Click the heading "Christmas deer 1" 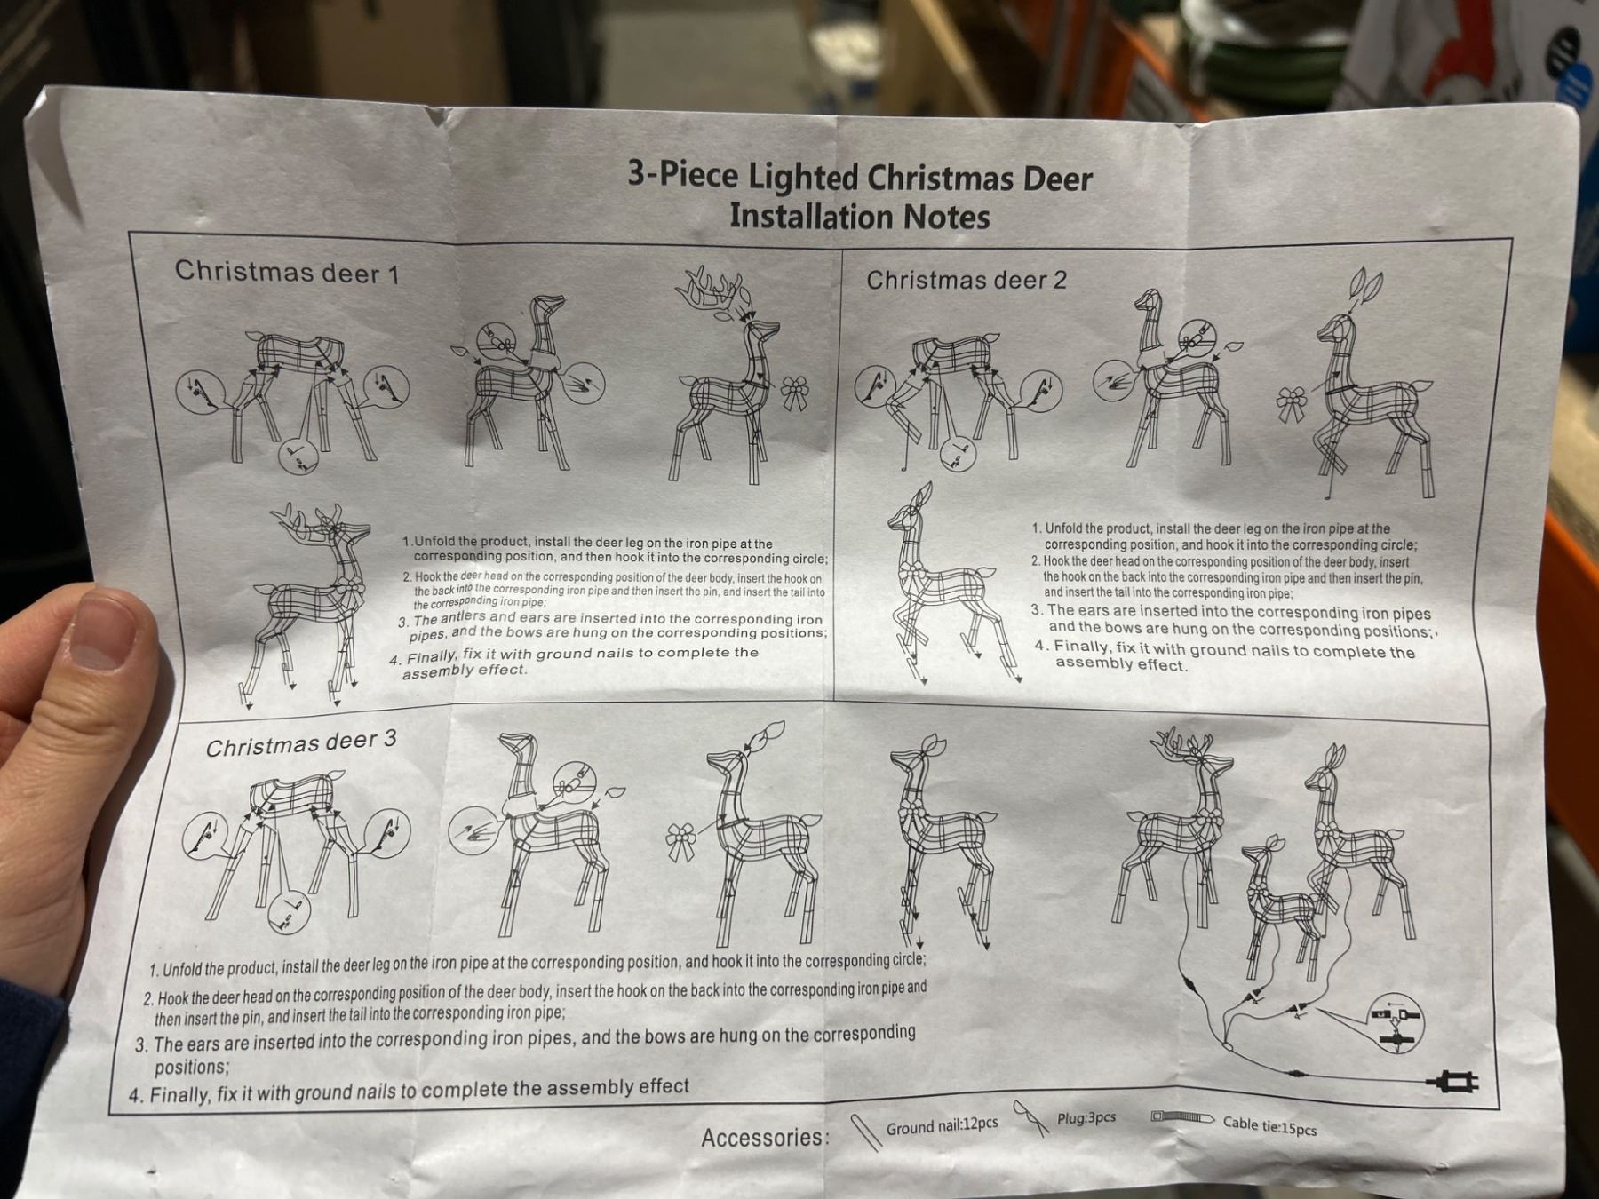pyautogui.click(x=287, y=271)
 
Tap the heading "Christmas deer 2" pyautogui.click(x=967, y=281)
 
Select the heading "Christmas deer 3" pyautogui.click(x=301, y=743)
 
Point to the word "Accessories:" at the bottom pyautogui.click(x=765, y=1137)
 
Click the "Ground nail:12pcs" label pyautogui.click(x=942, y=1125)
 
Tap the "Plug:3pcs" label pyautogui.click(x=1086, y=1118)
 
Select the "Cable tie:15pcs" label pyautogui.click(x=1269, y=1125)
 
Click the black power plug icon pyautogui.click(x=1453, y=1082)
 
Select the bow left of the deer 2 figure pyautogui.click(x=1293, y=405)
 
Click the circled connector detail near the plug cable pyautogui.click(x=1396, y=1023)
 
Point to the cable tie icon pyautogui.click(x=1182, y=1116)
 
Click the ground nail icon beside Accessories pyautogui.click(x=865, y=1132)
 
